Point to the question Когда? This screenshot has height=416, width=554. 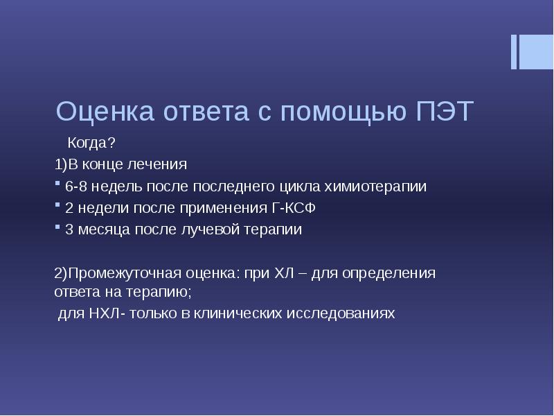click(91, 144)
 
